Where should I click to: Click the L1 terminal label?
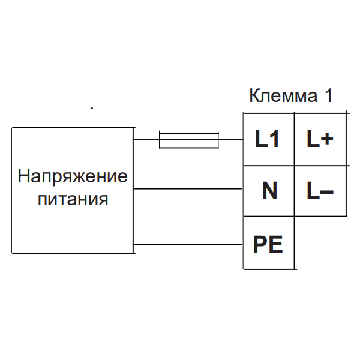(268, 140)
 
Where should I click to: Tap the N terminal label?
(269, 191)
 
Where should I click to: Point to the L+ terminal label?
(320, 140)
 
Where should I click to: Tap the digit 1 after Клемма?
(328, 97)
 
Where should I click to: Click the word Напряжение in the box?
(73, 177)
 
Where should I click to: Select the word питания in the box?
(73, 199)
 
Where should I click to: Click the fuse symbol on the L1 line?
(188, 140)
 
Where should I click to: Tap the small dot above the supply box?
(92, 109)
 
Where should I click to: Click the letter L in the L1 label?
(261, 140)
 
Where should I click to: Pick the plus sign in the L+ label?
(327, 140)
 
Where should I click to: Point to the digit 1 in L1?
(274, 140)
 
